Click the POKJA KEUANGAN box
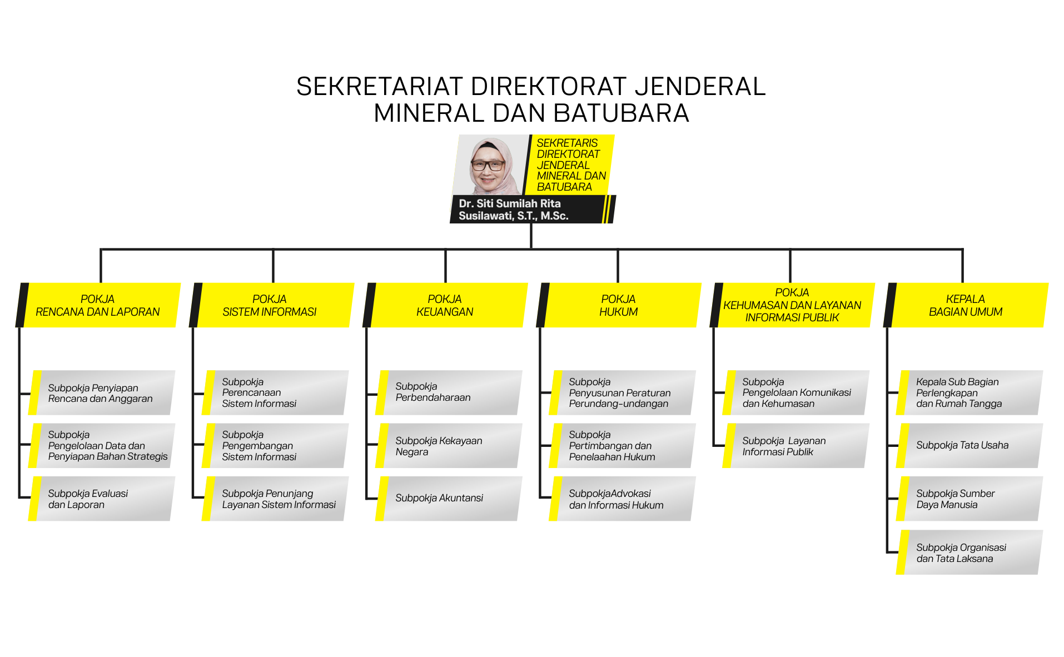coord(445,305)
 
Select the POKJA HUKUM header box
coord(618,305)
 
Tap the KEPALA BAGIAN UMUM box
coord(966,305)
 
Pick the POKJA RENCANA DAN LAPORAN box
coord(98,305)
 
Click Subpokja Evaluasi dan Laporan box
coord(101,499)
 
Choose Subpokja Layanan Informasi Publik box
coord(795,446)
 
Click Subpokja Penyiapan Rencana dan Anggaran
coord(101,393)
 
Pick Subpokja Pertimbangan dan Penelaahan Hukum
coord(622,446)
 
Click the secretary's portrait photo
coord(489,165)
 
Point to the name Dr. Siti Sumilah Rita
coord(509,203)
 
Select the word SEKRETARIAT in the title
coord(380,86)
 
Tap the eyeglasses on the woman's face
coord(488,165)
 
